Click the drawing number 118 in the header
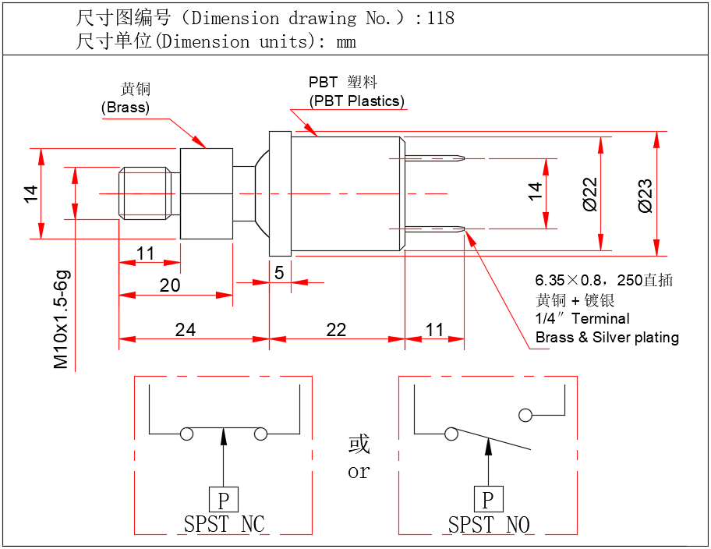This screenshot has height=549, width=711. [x=440, y=17]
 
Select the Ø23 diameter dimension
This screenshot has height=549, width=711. [x=645, y=194]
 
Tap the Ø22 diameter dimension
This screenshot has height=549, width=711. [x=590, y=194]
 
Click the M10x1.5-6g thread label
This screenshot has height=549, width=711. [x=62, y=319]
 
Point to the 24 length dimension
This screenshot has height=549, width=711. [x=185, y=329]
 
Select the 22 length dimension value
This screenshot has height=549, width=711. [x=336, y=329]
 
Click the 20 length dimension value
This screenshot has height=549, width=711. [x=169, y=285]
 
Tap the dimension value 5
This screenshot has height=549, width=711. [x=279, y=272]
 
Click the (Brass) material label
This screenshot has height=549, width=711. [x=126, y=108]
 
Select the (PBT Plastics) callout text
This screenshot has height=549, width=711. [x=357, y=101]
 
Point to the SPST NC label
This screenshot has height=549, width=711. [x=225, y=524]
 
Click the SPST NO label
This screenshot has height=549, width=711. [x=489, y=524]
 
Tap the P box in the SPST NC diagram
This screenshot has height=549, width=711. [x=224, y=499]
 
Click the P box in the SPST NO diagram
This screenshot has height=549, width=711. [x=488, y=499]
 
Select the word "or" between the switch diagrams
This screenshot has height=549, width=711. [x=359, y=472]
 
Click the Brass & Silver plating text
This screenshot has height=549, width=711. [x=607, y=337]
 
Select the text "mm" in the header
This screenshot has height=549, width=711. [x=346, y=41]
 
